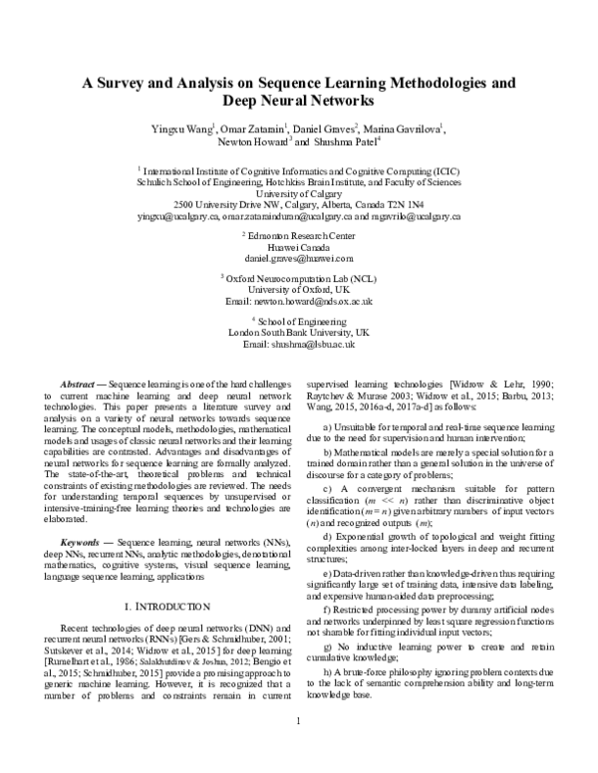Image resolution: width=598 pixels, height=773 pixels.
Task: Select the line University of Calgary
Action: click(x=299, y=196)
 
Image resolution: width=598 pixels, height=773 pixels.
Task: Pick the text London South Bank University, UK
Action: click(x=299, y=332)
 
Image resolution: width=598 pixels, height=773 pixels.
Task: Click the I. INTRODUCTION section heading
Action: click(x=166, y=605)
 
